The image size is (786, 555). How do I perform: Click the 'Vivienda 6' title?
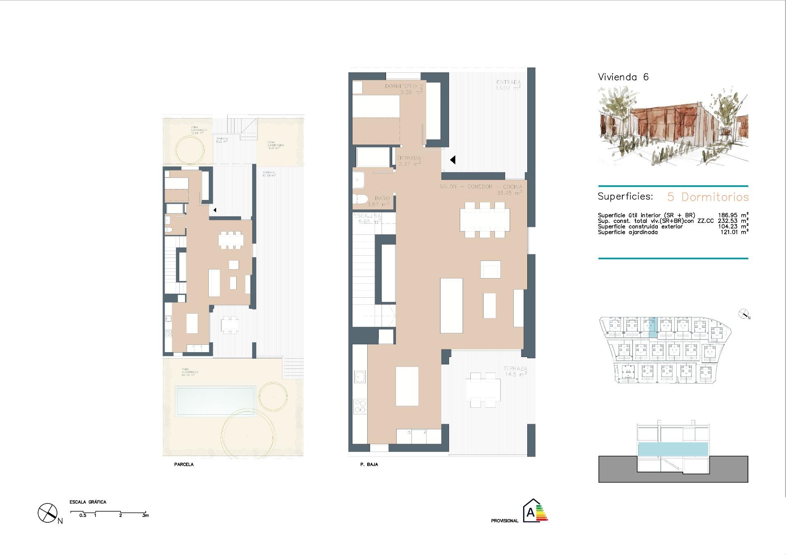[623, 77]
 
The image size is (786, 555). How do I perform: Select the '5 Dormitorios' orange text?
[708, 197]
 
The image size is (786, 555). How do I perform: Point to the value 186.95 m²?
[733, 215]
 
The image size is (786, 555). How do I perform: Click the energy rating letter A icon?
[531, 512]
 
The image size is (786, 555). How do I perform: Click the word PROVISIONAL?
[504, 521]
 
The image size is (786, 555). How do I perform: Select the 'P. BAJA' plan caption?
[369, 465]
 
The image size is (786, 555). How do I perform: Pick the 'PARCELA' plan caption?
[184, 465]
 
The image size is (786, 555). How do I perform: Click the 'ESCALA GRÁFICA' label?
[88, 502]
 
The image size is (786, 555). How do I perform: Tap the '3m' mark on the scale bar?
[145, 516]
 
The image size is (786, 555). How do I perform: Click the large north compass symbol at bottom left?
[47, 512]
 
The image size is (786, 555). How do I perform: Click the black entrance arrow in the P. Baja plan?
[452, 160]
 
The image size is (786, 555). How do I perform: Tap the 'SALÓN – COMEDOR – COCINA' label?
[481, 187]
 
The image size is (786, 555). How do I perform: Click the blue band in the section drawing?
[673, 449]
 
